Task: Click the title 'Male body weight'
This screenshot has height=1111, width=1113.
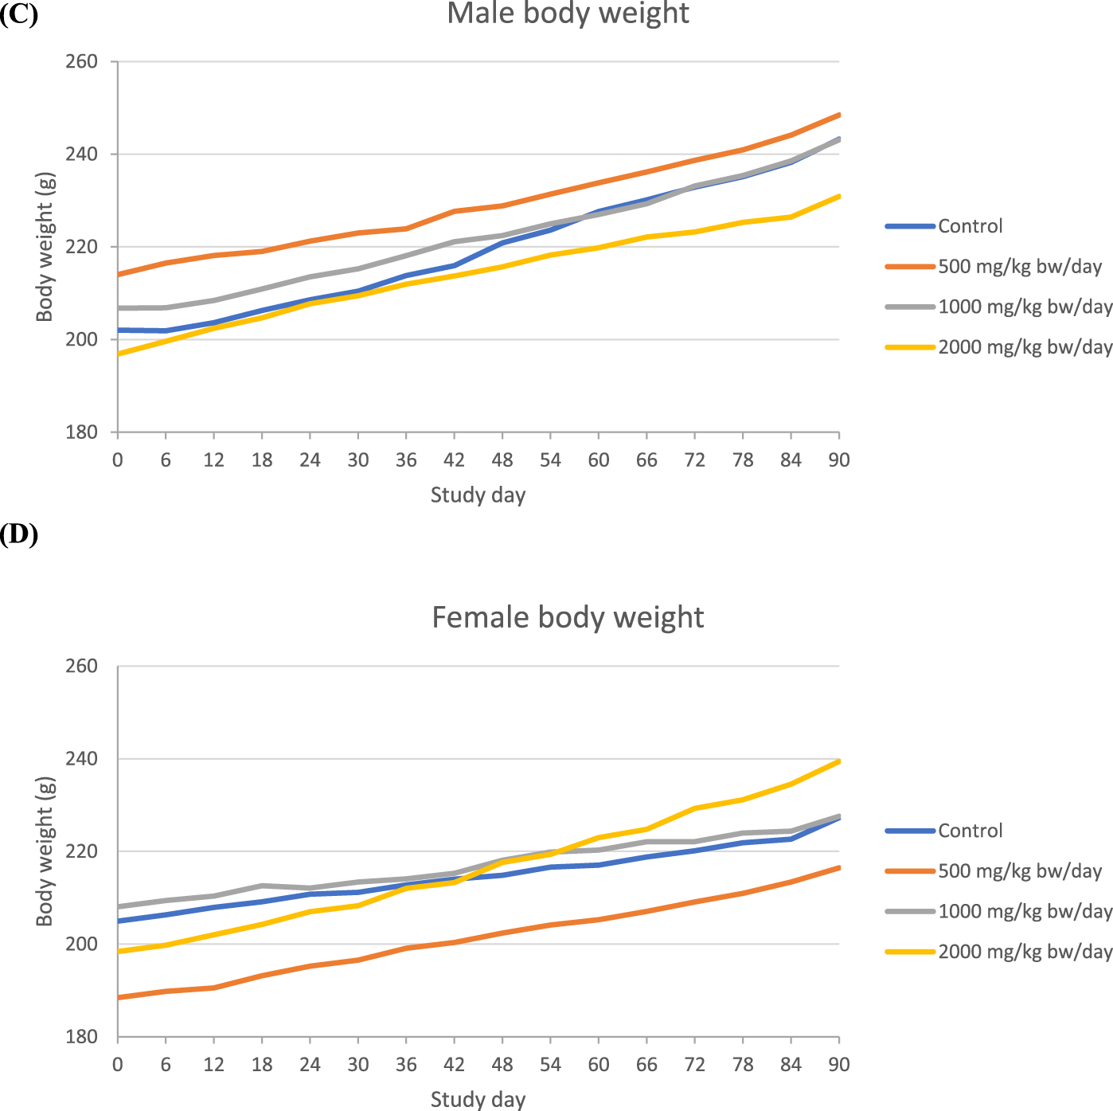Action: (568, 14)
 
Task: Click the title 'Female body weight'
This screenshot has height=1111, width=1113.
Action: (568, 617)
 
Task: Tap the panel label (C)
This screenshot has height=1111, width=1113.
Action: (19, 14)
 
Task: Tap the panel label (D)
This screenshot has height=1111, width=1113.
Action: (19, 534)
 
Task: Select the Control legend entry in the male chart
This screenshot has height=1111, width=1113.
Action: (970, 226)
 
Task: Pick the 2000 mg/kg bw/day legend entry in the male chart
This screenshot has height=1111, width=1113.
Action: (1025, 347)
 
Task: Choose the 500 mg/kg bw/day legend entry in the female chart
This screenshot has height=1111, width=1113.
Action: (1020, 871)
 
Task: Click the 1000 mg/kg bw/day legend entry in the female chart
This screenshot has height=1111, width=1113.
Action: (1025, 911)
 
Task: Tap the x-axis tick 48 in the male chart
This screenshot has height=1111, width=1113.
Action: (502, 460)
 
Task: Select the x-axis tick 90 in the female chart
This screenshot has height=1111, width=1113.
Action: (838, 1065)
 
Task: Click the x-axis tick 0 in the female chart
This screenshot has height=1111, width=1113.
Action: (118, 1065)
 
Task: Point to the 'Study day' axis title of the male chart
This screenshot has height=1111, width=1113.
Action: (478, 495)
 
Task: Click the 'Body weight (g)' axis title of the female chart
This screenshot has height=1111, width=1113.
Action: (45, 851)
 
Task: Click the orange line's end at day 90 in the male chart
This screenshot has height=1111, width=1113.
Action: (838, 115)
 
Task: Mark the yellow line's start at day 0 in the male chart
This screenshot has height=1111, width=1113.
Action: (119, 354)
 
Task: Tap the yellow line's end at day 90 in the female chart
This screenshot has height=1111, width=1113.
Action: (838, 761)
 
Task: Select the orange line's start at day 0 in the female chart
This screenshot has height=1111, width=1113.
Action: (119, 997)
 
